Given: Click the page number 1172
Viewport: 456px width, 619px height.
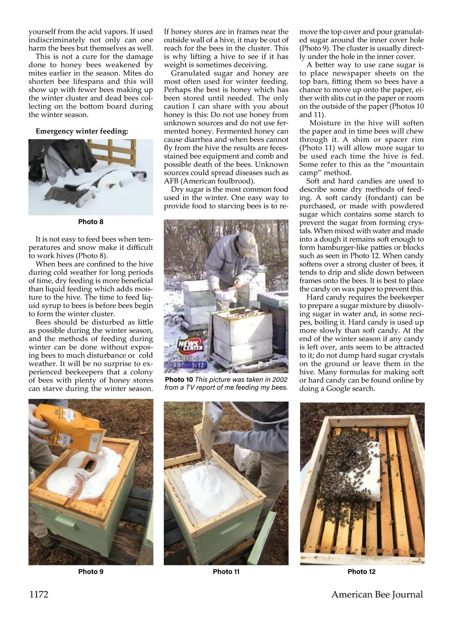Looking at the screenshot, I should tap(39, 594).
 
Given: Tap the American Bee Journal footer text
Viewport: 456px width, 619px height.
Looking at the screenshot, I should tap(377, 594).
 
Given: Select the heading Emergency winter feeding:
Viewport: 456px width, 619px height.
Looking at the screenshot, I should tap(82, 131).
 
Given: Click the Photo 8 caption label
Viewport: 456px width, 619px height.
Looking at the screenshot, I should tap(90, 222).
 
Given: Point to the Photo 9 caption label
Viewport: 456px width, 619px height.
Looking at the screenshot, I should tap(90, 572).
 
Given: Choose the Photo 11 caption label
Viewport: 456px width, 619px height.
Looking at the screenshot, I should tap(226, 572).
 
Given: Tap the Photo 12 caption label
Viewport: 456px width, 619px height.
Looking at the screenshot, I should tap(361, 572).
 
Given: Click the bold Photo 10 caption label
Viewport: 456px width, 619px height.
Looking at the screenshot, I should tap(179, 380).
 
